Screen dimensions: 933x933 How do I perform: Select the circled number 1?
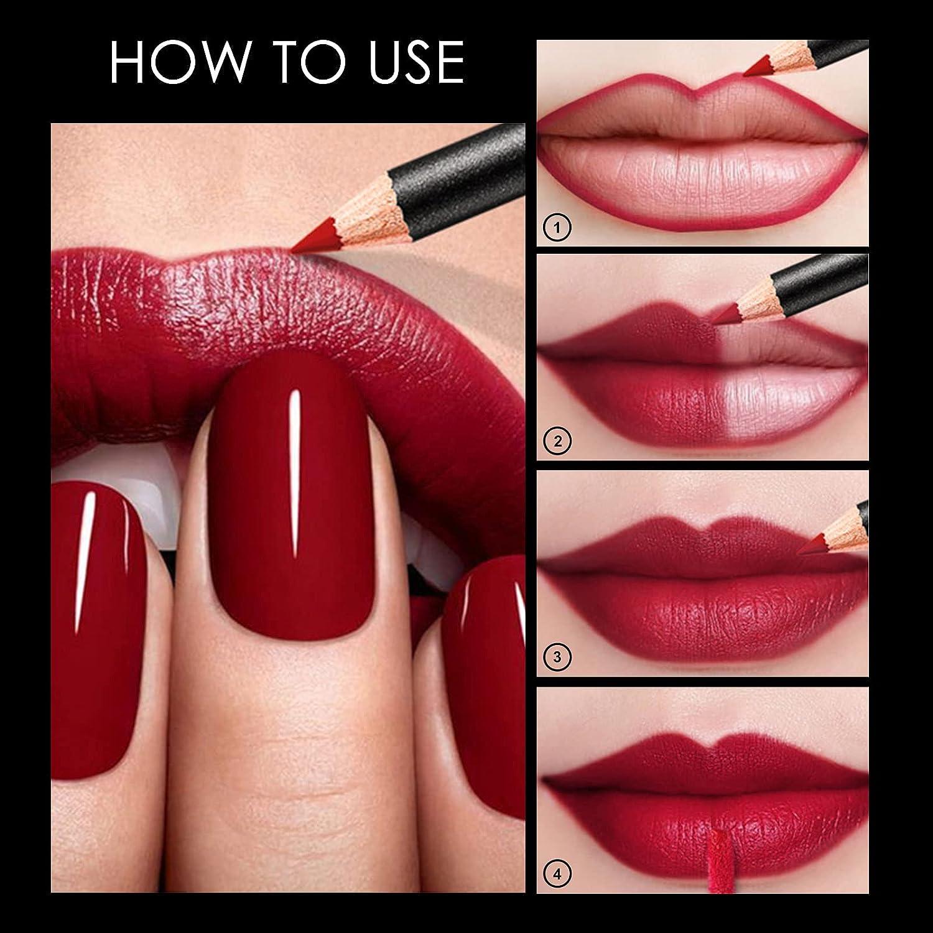(557, 228)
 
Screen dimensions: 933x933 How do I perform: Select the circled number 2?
(557, 442)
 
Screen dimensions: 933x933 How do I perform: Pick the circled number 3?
(557, 656)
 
